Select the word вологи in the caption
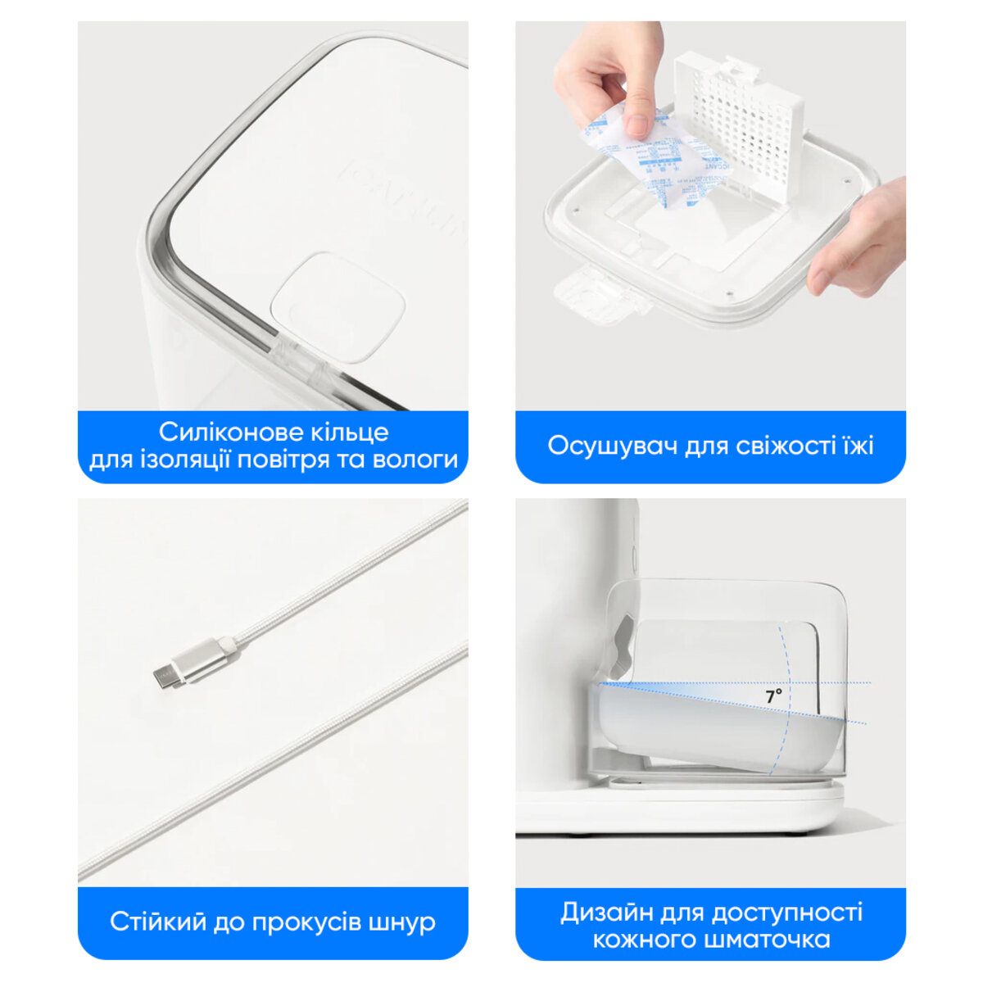pyautogui.click(x=414, y=460)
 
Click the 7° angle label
pyautogui.click(x=773, y=696)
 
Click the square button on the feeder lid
pyautogui.click(x=339, y=305)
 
